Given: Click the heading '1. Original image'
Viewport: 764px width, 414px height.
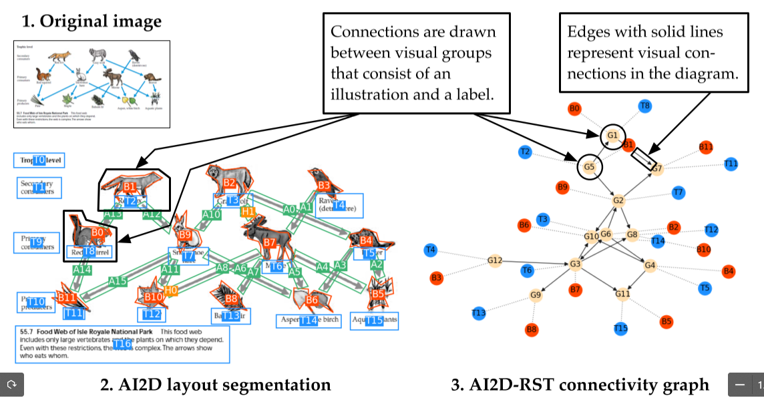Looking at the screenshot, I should (91, 21).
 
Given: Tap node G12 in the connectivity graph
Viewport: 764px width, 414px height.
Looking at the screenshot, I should (495, 260).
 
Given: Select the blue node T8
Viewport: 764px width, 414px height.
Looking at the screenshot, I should (644, 106).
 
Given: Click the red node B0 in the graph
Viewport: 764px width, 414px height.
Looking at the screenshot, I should (574, 108).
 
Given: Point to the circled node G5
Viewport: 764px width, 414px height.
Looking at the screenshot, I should (589, 167).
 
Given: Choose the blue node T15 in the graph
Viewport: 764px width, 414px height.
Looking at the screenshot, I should (620, 328).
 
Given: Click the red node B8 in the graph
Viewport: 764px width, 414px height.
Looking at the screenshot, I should (532, 329).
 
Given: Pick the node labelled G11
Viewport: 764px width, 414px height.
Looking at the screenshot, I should (622, 294).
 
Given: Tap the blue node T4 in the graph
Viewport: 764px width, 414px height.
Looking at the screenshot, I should (431, 250).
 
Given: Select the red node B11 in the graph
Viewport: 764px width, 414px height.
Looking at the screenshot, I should (706, 147).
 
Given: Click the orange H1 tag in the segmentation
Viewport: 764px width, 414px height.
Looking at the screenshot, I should (248, 212).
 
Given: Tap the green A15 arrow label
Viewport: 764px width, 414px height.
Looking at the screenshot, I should (118, 281).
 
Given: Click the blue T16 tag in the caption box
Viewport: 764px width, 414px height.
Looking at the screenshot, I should (122, 345).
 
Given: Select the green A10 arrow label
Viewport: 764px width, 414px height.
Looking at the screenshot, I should (211, 214).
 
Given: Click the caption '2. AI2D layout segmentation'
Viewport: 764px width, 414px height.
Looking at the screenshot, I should (216, 385).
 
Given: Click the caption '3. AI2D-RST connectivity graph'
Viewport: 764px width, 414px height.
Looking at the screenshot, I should (580, 385).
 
